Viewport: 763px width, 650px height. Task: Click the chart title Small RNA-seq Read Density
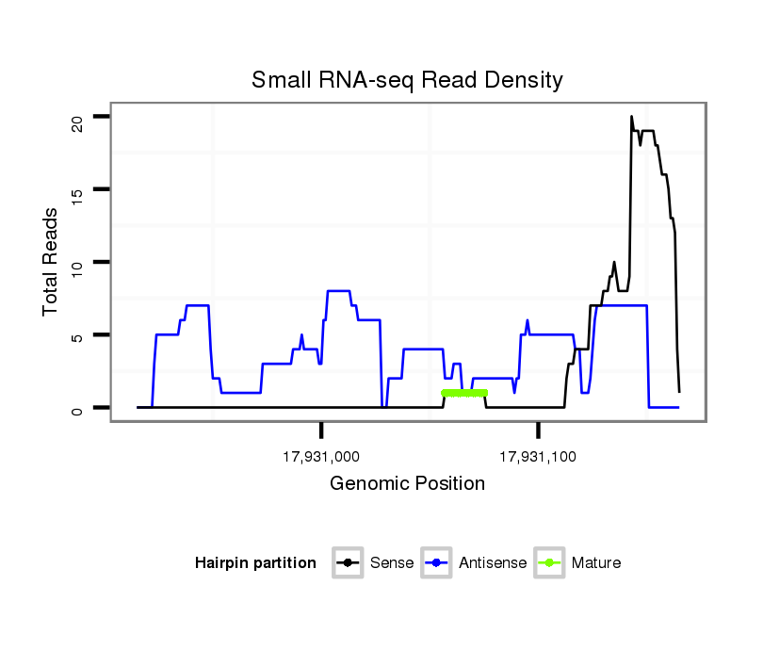coord(407,80)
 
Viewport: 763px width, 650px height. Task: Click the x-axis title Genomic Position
coord(407,484)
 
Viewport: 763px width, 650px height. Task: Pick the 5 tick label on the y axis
coord(78,335)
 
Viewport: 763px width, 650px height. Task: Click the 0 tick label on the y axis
coord(78,408)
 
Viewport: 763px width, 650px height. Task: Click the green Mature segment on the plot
coord(464,393)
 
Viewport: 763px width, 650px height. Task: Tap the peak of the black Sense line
coord(631,117)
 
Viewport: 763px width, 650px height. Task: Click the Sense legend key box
coord(348,563)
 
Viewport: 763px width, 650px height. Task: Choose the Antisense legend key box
coord(437,563)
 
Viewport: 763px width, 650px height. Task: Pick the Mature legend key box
coord(549,563)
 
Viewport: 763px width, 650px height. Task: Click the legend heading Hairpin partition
coord(255,563)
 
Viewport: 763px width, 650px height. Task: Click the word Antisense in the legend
coord(493,563)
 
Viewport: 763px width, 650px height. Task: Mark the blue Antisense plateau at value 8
coord(338,291)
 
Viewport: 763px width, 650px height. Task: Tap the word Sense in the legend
coord(392,563)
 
